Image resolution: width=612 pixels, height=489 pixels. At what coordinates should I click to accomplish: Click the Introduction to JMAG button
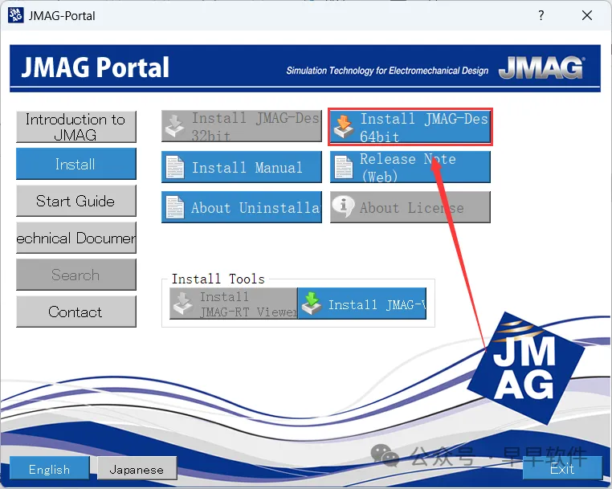click(x=75, y=127)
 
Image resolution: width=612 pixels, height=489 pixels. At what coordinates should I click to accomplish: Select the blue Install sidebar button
click(x=75, y=164)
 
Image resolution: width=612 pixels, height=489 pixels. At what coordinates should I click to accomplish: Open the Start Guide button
click(x=75, y=201)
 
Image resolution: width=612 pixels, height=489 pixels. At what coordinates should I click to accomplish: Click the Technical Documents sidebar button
click(x=75, y=238)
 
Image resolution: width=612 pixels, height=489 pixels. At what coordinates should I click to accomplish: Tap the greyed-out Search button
click(x=75, y=275)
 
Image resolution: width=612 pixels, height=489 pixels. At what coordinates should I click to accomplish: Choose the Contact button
click(x=75, y=312)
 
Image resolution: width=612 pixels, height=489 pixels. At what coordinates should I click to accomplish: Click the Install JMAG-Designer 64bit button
click(x=410, y=127)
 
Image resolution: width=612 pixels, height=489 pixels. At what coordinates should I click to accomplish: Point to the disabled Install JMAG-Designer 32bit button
click(x=241, y=127)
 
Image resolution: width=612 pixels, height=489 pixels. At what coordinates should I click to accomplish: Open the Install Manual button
click(x=241, y=167)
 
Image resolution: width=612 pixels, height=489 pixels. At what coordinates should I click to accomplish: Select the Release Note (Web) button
click(x=410, y=167)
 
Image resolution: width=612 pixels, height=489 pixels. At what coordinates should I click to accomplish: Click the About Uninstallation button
click(x=241, y=207)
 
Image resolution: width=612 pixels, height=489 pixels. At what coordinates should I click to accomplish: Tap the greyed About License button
click(x=410, y=207)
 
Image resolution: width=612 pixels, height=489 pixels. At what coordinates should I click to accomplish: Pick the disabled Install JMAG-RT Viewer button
click(x=233, y=304)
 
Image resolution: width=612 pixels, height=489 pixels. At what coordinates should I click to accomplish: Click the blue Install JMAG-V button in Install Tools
click(x=362, y=304)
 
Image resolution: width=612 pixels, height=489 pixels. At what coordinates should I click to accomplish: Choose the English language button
click(x=49, y=469)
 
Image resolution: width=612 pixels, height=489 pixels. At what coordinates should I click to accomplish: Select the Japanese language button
click(x=136, y=469)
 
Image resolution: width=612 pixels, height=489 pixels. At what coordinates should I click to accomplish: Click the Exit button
click(x=562, y=468)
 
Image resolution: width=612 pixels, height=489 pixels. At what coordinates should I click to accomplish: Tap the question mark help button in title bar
click(x=541, y=15)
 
